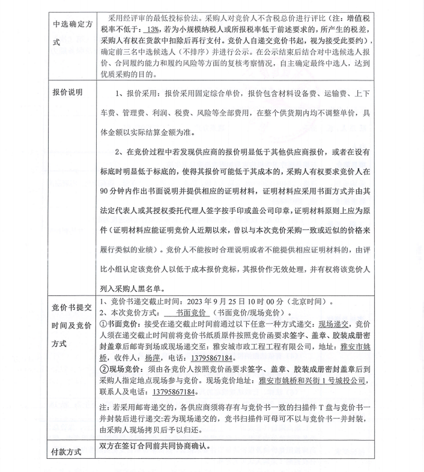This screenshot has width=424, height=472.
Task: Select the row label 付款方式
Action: (x=67, y=449)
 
